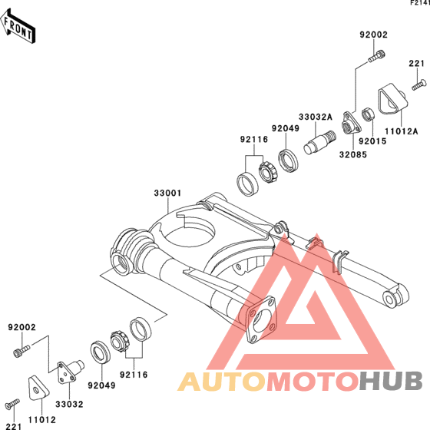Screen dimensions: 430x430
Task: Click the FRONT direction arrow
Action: pos(18,26)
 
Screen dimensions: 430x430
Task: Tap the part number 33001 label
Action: pos(167,193)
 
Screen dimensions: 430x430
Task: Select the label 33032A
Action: pos(316,117)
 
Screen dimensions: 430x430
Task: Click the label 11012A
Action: pos(401,131)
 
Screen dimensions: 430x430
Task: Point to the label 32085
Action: pos(353,154)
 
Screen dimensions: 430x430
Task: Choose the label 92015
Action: pos(372,141)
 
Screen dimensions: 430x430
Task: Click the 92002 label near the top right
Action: pos(374,35)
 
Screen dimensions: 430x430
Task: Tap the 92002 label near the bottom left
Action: pos(21,327)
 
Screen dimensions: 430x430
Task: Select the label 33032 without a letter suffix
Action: pos(69,404)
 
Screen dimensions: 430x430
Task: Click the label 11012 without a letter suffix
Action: pos(42,419)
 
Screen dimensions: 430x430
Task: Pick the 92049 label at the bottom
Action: pos(101,385)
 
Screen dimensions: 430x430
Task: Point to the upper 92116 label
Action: pos(254,140)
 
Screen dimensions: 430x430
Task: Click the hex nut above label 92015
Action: pos(367,114)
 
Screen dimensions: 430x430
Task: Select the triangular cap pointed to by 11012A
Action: pos(393,98)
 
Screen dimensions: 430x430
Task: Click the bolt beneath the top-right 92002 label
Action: pos(376,56)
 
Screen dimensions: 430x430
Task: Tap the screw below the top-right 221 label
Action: pos(419,84)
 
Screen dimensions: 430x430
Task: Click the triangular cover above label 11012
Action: pos(38,388)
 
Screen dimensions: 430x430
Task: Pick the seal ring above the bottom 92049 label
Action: pos(101,352)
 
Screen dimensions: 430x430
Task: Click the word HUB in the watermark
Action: pos(391,381)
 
